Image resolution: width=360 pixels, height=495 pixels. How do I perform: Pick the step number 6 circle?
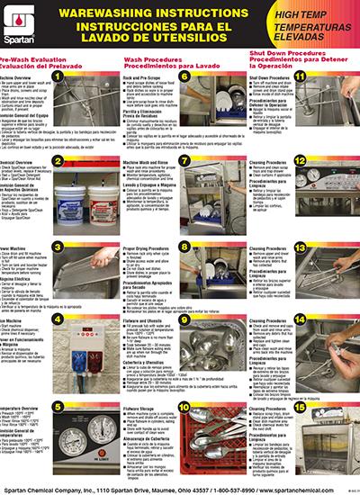pos(184,77)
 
